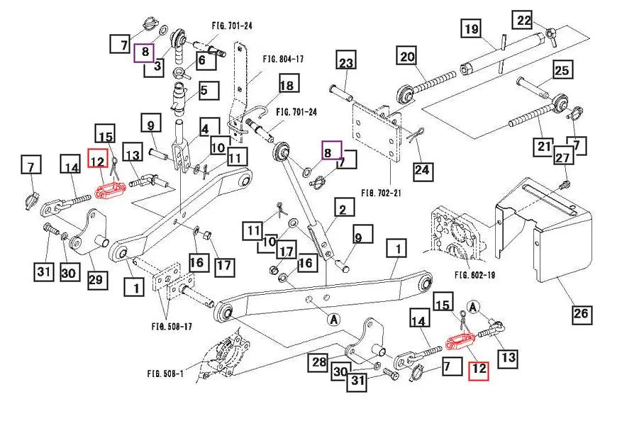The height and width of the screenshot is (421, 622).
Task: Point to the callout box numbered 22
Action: tap(524, 21)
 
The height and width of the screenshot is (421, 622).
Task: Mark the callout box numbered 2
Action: tap(343, 209)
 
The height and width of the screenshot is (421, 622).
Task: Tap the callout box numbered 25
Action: tap(562, 71)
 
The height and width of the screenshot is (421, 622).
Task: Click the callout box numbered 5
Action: tap(204, 91)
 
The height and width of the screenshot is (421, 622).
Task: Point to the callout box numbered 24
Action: tap(422, 170)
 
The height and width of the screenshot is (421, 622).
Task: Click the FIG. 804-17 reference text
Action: tap(283, 59)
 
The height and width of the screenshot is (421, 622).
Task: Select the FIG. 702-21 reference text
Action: tap(382, 192)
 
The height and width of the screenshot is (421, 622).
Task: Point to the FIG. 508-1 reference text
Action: tap(165, 374)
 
